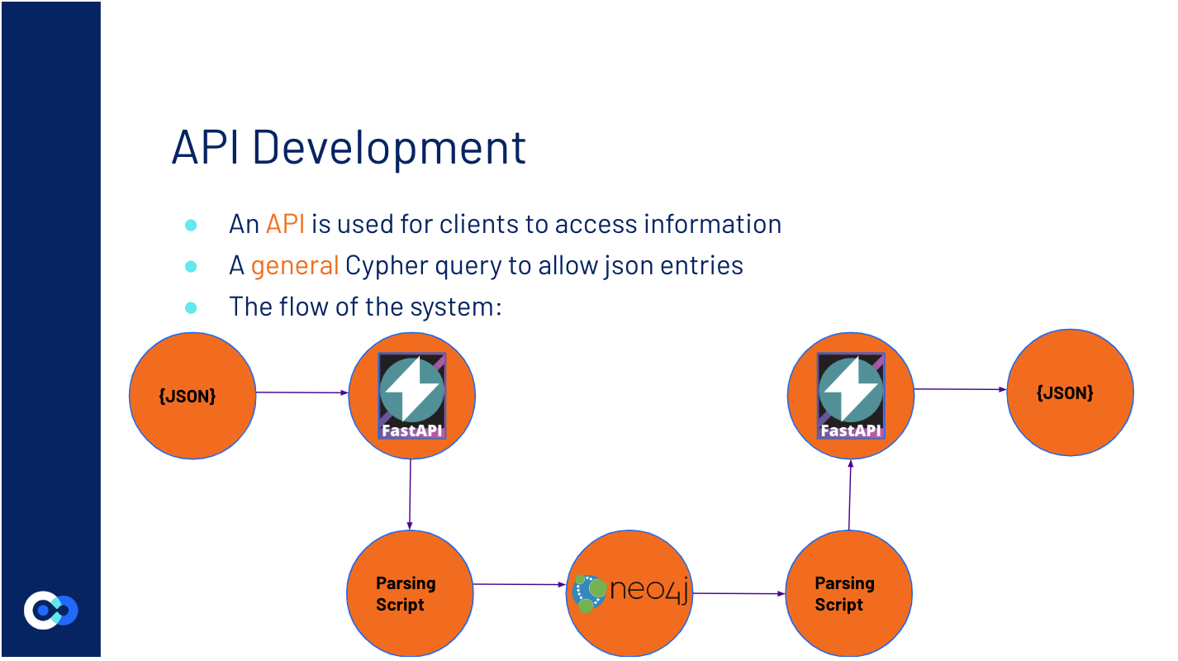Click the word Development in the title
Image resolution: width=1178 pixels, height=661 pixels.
[388, 147]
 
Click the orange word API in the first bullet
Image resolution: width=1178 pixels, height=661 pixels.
[286, 224]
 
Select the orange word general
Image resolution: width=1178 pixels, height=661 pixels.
[295, 265]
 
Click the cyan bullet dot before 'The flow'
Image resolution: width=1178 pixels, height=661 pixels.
[191, 307]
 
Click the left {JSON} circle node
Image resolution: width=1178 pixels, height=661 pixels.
[192, 396]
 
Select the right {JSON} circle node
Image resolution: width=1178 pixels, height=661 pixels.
[1070, 392]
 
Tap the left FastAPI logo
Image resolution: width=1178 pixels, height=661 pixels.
[411, 395]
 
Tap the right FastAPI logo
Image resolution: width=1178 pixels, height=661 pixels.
[850, 395]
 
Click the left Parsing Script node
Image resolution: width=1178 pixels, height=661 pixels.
[410, 594]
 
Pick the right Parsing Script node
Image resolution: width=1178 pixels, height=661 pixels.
[848, 594]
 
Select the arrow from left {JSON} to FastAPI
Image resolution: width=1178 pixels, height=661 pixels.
[302, 392]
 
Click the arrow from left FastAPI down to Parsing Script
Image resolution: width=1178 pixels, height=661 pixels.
[411, 494]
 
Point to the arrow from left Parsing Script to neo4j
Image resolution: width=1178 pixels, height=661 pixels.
[520, 584]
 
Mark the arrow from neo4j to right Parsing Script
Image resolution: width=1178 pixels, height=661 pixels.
[739, 593]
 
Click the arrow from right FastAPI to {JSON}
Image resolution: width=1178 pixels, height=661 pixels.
[960, 389]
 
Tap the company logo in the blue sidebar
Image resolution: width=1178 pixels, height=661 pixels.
[50, 611]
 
